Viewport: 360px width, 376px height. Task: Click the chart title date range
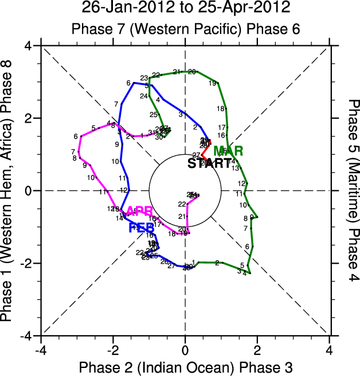tap(185, 9)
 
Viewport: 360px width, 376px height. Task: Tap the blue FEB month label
tap(141, 228)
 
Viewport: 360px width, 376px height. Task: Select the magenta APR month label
tap(140, 211)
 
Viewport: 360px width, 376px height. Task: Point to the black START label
tap(210, 163)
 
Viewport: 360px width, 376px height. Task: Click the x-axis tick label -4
tap(40, 348)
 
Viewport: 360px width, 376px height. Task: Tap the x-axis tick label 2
tap(257, 348)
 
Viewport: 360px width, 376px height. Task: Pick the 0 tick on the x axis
tap(185, 348)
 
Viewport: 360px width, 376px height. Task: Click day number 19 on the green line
tap(212, 84)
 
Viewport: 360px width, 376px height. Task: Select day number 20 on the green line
tap(192, 72)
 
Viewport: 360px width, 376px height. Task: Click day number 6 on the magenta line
tap(76, 136)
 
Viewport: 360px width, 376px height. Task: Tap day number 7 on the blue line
tap(116, 104)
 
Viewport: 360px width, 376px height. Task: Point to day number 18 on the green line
tap(220, 109)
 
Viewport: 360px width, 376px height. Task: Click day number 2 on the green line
tap(217, 263)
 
